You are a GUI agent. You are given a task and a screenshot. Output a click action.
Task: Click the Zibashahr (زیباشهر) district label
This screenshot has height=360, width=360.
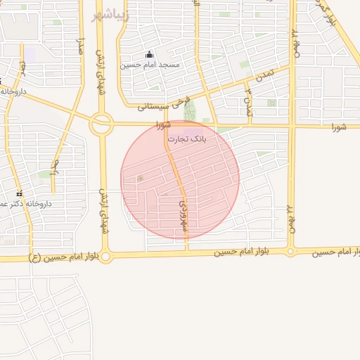coord(110,14)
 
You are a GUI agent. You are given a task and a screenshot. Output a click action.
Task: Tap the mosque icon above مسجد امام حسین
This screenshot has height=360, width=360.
coord(148,55)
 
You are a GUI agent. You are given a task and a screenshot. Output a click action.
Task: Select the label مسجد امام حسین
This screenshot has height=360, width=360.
coord(150,65)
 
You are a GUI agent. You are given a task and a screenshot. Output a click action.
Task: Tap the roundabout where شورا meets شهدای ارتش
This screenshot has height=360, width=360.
coord(101,125)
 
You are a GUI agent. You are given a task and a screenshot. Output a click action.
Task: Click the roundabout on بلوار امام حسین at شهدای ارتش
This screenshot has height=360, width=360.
coord(105,257)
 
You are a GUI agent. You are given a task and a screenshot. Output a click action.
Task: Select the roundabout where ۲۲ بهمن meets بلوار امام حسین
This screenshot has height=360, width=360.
coord(290,251)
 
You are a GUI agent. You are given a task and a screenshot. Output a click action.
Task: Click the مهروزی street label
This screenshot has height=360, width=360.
coord(184,215)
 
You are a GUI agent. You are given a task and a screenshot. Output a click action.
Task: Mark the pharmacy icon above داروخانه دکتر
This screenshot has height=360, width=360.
coord(19,193)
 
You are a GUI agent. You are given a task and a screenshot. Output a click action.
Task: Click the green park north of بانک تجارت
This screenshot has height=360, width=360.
coord(188,110)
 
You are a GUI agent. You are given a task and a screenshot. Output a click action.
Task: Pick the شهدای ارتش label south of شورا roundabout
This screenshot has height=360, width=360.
coord(104,211)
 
